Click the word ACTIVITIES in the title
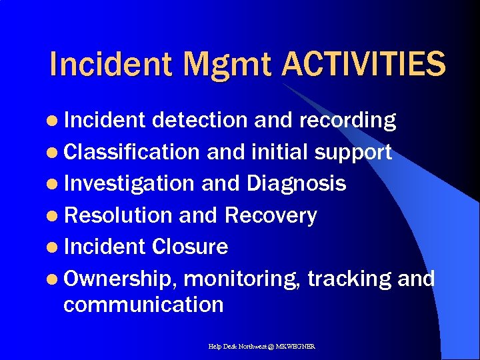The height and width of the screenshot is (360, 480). click(x=364, y=65)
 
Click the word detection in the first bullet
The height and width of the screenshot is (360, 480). click(x=199, y=121)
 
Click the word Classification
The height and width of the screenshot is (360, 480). click(x=131, y=152)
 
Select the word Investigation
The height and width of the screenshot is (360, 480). click(x=129, y=184)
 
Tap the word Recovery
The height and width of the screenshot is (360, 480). click(x=271, y=216)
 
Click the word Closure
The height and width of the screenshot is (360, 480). click(x=190, y=247)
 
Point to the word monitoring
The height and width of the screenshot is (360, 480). click(x=241, y=279)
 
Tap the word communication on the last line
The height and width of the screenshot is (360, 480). click(x=143, y=305)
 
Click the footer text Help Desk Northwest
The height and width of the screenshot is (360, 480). click(x=240, y=347)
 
